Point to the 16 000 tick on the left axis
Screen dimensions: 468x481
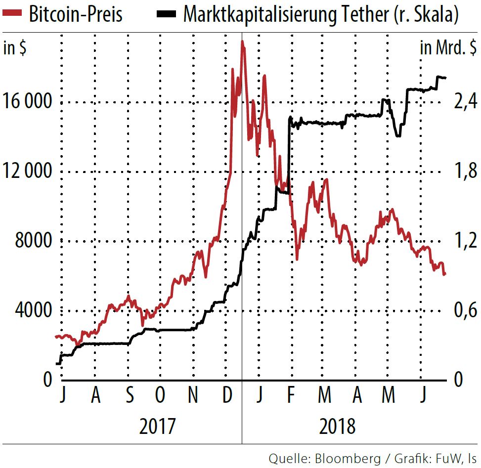(x=27, y=102)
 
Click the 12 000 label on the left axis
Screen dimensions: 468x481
(x=27, y=172)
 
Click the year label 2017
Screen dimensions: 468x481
(x=157, y=426)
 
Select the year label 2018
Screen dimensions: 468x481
(x=337, y=426)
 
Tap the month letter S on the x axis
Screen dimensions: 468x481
(x=129, y=396)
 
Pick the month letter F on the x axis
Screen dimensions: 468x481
(x=291, y=396)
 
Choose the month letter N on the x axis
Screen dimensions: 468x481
(x=193, y=396)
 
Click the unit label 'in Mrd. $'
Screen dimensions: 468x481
(x=448, y=48)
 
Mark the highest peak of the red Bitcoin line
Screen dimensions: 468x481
(x=242, y=42)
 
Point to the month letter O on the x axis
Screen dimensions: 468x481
(x=160, y=396)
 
